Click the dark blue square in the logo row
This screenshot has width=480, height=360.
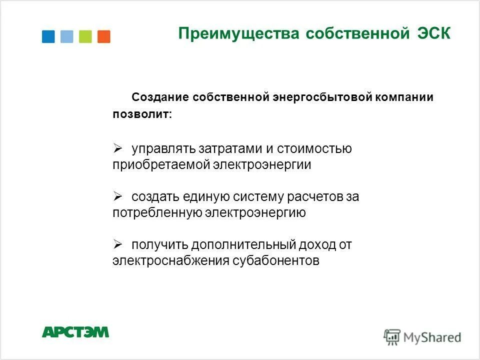[x=48, y=36]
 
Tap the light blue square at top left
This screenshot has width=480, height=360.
[x=66, y=36]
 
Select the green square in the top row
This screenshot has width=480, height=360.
[x=85, y=36]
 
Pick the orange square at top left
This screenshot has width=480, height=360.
[x=104, y=36]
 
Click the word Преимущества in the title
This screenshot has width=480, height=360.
[x=238, y=34]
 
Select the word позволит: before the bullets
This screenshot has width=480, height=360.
[x=142, y=114]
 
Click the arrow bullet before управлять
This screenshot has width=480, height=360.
[x=118, y=148]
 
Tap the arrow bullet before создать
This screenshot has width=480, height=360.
[x=118, y=196]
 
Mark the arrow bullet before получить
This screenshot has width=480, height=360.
[x=118, y=244]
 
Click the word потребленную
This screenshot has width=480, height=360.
[x=157, y=213]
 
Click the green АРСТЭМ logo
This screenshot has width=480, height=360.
[x=75, y=332]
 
